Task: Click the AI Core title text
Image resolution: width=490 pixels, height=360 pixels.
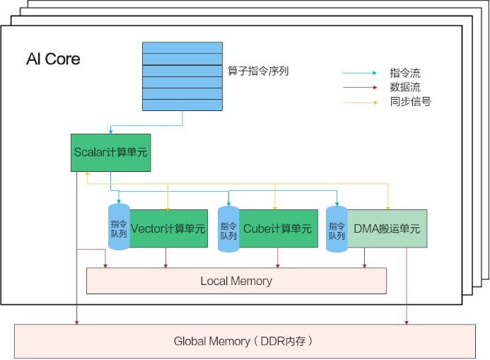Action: point(53,59)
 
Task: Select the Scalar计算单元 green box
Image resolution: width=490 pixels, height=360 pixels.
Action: point(111,152)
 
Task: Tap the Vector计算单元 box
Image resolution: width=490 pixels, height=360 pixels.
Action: point(168,228)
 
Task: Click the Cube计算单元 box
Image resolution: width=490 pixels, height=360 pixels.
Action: point(277,228)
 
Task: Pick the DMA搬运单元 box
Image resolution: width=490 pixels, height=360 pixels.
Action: point(387,228)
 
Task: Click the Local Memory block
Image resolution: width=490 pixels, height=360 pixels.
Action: point(236,281)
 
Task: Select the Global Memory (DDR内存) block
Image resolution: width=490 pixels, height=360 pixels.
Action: point(244,342)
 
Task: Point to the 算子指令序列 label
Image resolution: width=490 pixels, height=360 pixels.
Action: point(258,71)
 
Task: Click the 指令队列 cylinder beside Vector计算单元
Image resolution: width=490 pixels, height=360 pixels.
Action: point(119,228)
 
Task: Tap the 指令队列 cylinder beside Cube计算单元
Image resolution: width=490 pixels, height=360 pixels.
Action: point(228,228)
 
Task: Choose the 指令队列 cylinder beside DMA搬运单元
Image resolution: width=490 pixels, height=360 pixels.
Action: point(337,228)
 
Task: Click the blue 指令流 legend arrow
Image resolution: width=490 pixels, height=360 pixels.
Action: point(360,73)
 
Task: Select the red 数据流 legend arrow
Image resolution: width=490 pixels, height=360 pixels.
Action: point(360,88)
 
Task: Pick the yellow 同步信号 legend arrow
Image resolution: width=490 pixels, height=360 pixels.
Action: point(360,103)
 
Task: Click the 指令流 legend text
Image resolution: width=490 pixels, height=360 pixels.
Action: point(405,73)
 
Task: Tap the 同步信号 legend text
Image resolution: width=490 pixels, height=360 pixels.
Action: point(410,102)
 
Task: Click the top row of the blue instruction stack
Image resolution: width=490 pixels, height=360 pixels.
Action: point(182,47)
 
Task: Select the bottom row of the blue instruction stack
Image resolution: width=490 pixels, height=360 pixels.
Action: point(182,105)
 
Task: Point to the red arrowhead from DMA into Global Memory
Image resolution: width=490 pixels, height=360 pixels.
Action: point(407,322)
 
